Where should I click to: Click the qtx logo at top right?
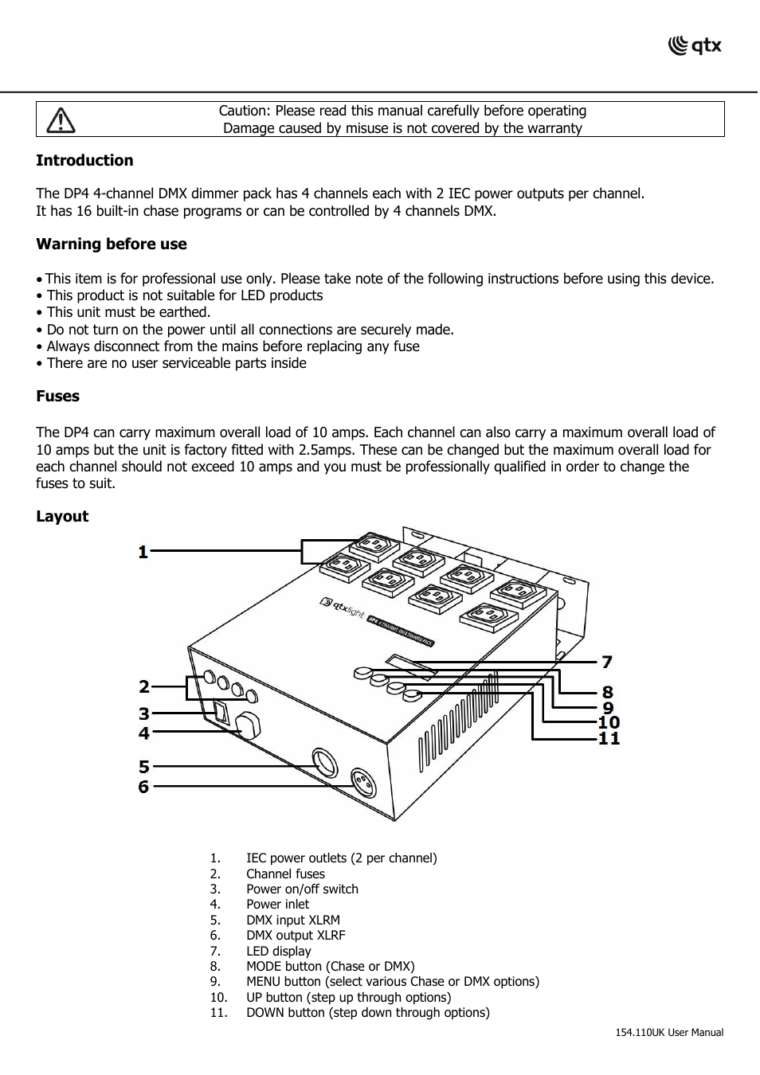(x=695, y=46)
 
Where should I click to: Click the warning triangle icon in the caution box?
(x=61, y=119)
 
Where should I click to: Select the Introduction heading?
(x=84, y=161)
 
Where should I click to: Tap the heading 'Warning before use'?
(x=112, y=244)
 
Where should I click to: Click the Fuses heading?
(x=57, y=397)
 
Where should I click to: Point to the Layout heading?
(x=62, y=517)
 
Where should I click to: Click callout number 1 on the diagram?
(x=143, y=552)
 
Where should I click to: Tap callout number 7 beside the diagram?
(x=607, y=662)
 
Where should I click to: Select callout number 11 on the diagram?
(x=609, y=738)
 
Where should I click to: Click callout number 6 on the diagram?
(x=143, y=787)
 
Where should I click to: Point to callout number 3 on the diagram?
(x=143, y=714)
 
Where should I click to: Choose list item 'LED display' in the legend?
(x=278, y=951)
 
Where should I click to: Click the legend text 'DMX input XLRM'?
(x=292, y=920)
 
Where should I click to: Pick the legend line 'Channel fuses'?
(x=285, y=874)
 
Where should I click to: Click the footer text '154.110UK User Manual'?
(x=669, y=1033)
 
